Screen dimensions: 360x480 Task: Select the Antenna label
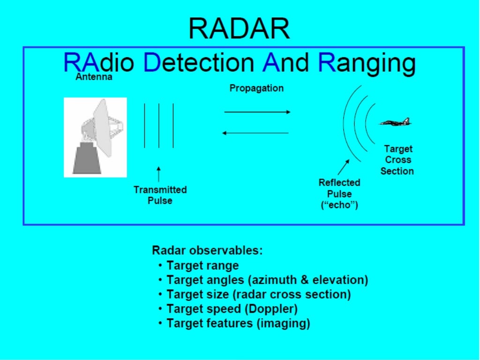click(x=94, y=77)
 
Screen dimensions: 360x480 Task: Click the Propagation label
click(x=256, y=88)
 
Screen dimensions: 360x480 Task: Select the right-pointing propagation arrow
click(x=257, y=112)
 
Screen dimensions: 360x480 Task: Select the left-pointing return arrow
click(x=255, y=133)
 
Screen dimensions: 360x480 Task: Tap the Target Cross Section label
click(x=397, y=160)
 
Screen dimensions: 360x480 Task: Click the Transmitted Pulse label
click(x=160, y=195)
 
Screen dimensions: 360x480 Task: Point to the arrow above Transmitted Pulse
click(x=159, y=174)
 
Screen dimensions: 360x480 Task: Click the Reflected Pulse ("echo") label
click(x=339, y=194)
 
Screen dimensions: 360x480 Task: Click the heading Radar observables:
click(x=207, y=250)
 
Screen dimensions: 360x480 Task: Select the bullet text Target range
click(x=202, y=266)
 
